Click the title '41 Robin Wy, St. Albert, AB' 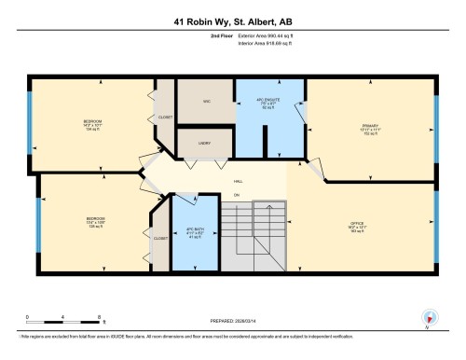point(233,21)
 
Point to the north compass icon point(429,317)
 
